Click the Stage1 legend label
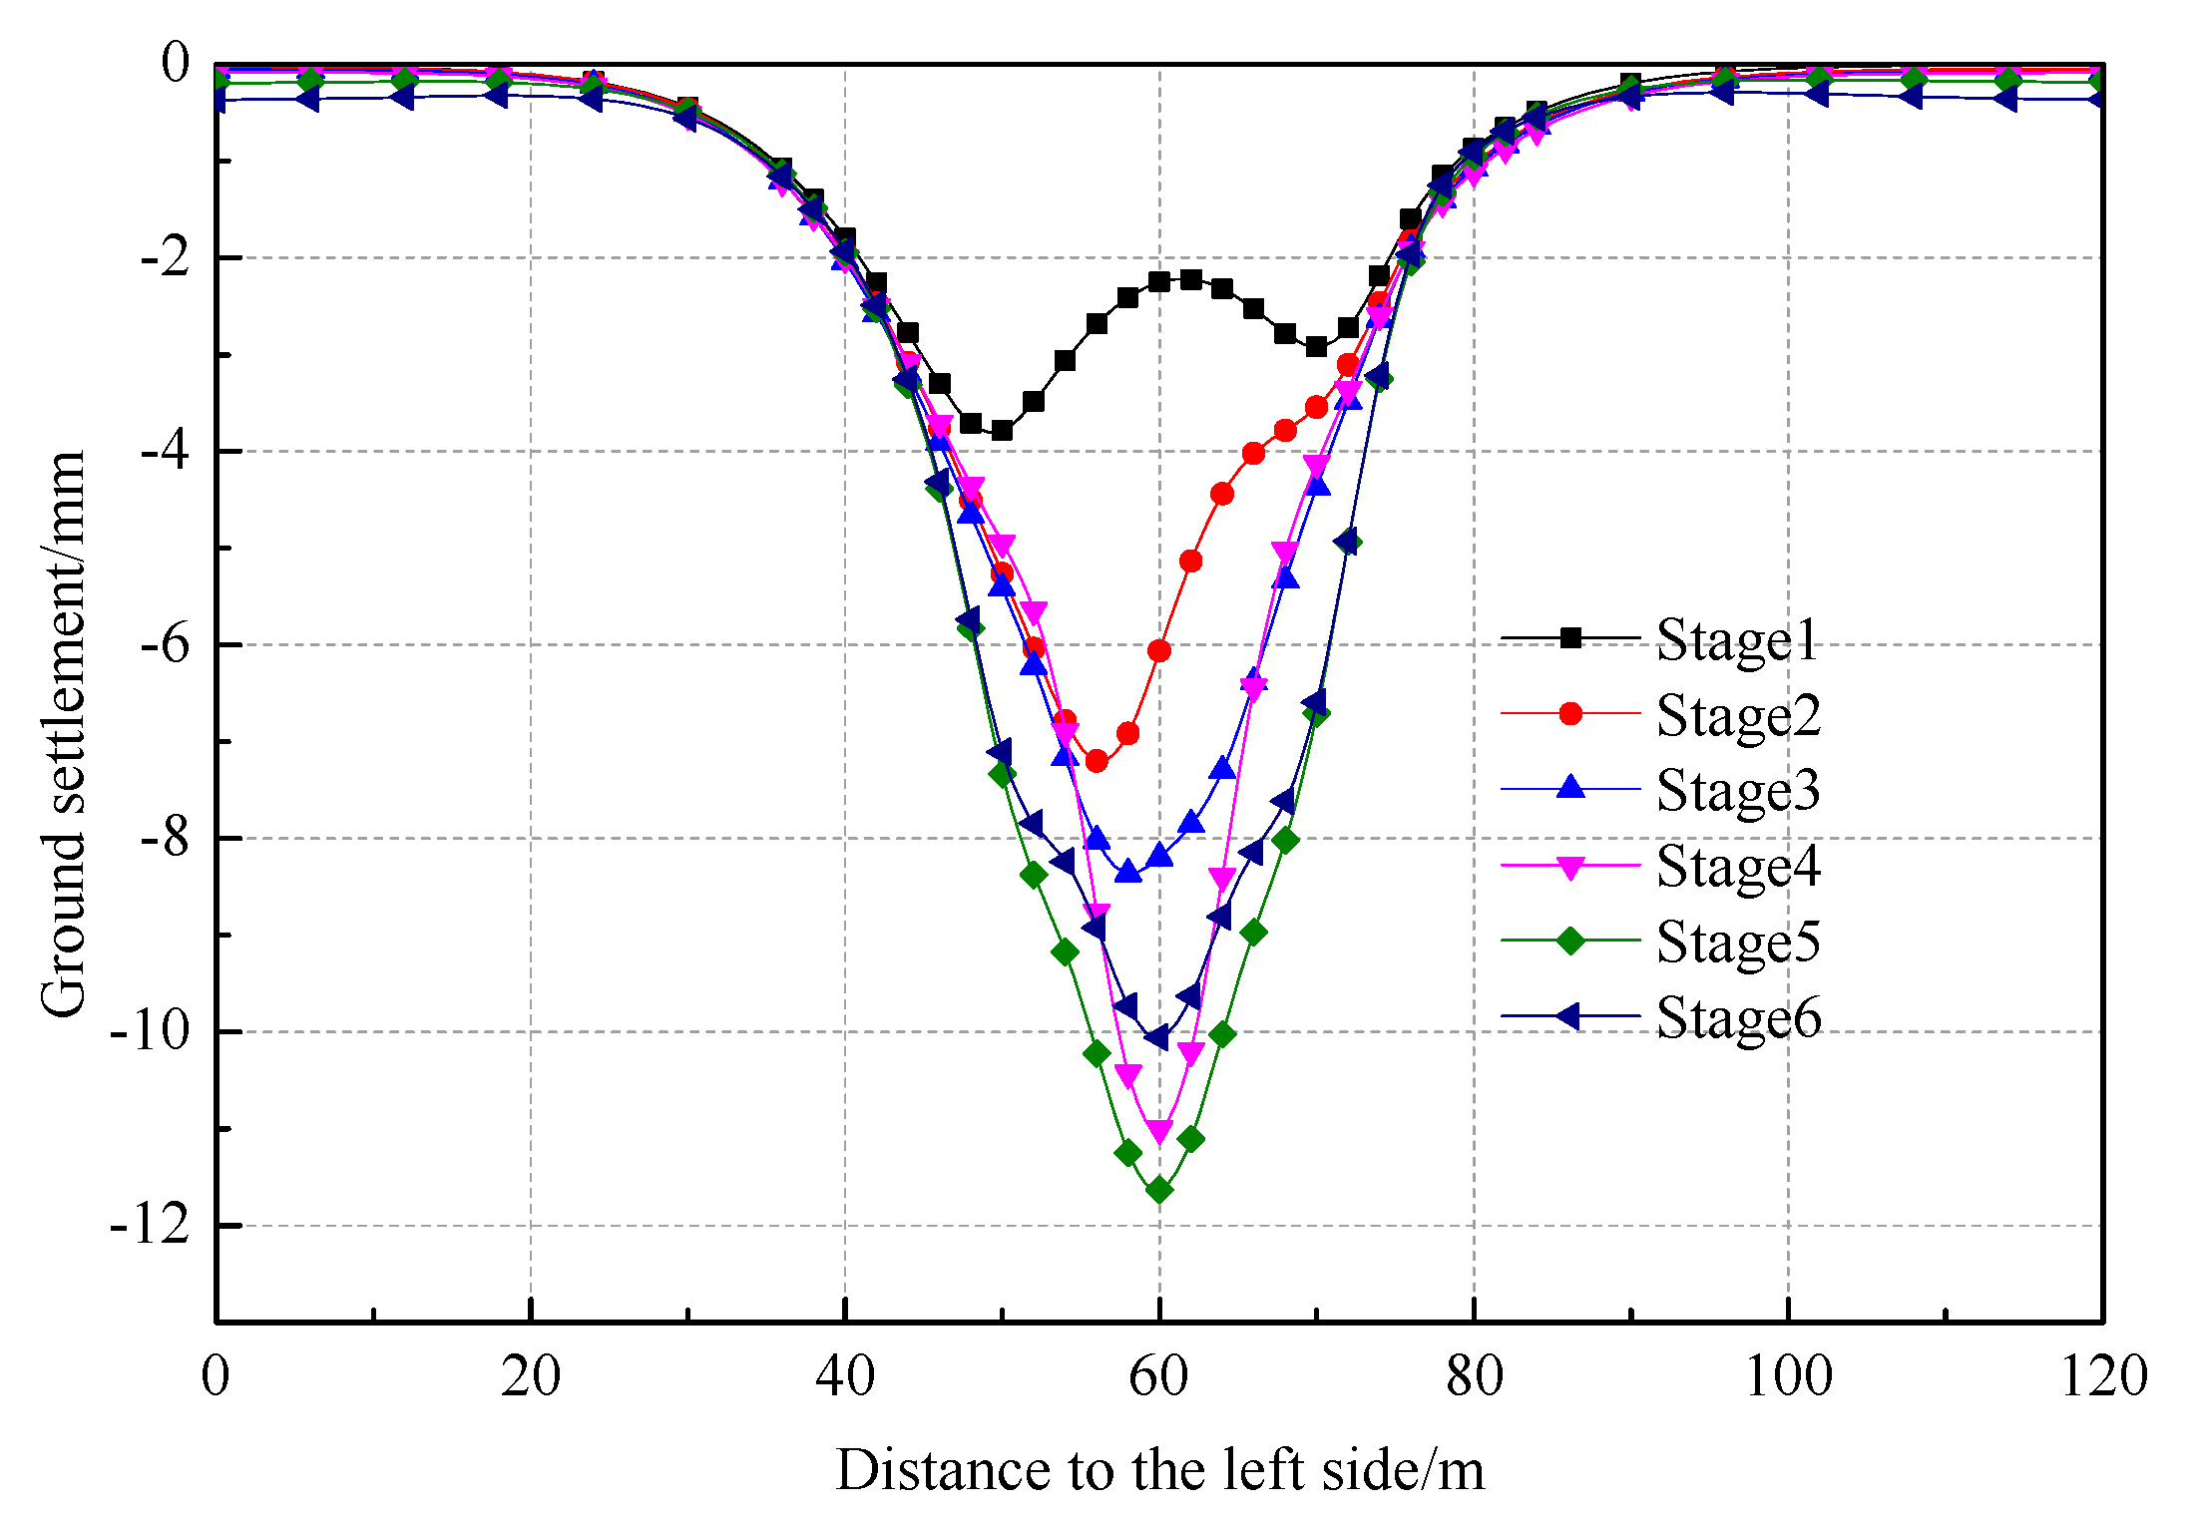(x=1737, y=640)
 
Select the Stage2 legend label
(x=1737, y=716)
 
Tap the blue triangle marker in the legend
(x=1570, y=788)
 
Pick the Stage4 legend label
(x=1737, y=866)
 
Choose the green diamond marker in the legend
(x=1570, y=941)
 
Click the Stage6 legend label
(x=1737, y=1017)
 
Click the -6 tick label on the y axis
(x=164, y=645)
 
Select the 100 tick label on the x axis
(x=1788, y=1377)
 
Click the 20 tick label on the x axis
(x=530, y=1377)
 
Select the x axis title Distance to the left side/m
(x=1159, y=1470)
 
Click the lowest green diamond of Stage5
(x=1159, y=1190)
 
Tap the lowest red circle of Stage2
(x=1097, y=761)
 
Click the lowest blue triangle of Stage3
(x=1128, y=872)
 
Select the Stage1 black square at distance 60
(x=1159, y=282)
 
